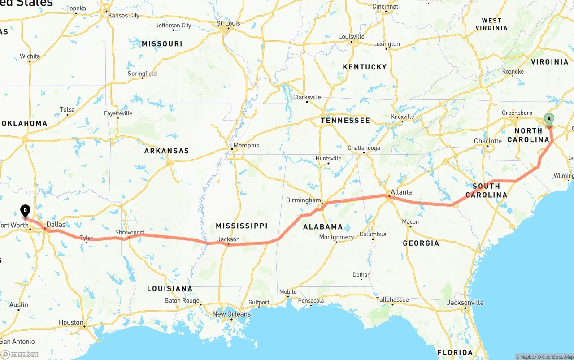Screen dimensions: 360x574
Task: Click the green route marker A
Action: (548, 119)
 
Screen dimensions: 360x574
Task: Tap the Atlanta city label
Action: (401, 192)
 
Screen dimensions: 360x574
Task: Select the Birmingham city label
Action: (304, 200)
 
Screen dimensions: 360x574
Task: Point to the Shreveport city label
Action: (130, 233)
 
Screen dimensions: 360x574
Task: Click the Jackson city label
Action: (229, 239)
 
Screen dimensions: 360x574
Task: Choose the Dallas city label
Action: (56, 225)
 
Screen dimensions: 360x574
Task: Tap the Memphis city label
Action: (246, 145)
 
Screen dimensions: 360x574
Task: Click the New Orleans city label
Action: (231, 314)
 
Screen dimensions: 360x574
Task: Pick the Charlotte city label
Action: (488, 141)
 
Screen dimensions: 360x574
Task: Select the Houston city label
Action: (71, 322)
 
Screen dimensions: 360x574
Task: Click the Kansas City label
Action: (124, 15)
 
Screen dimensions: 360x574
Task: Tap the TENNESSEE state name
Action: (345, 120)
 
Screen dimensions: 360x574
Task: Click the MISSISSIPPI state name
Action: (242, 226)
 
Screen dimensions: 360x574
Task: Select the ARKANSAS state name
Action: (167, 151)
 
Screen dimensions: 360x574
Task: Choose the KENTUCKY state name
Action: (365, 67)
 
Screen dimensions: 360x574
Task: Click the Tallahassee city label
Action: (392, 299)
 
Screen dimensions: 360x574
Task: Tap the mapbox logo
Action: (20, 354)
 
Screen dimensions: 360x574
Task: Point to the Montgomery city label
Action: (336, 237)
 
